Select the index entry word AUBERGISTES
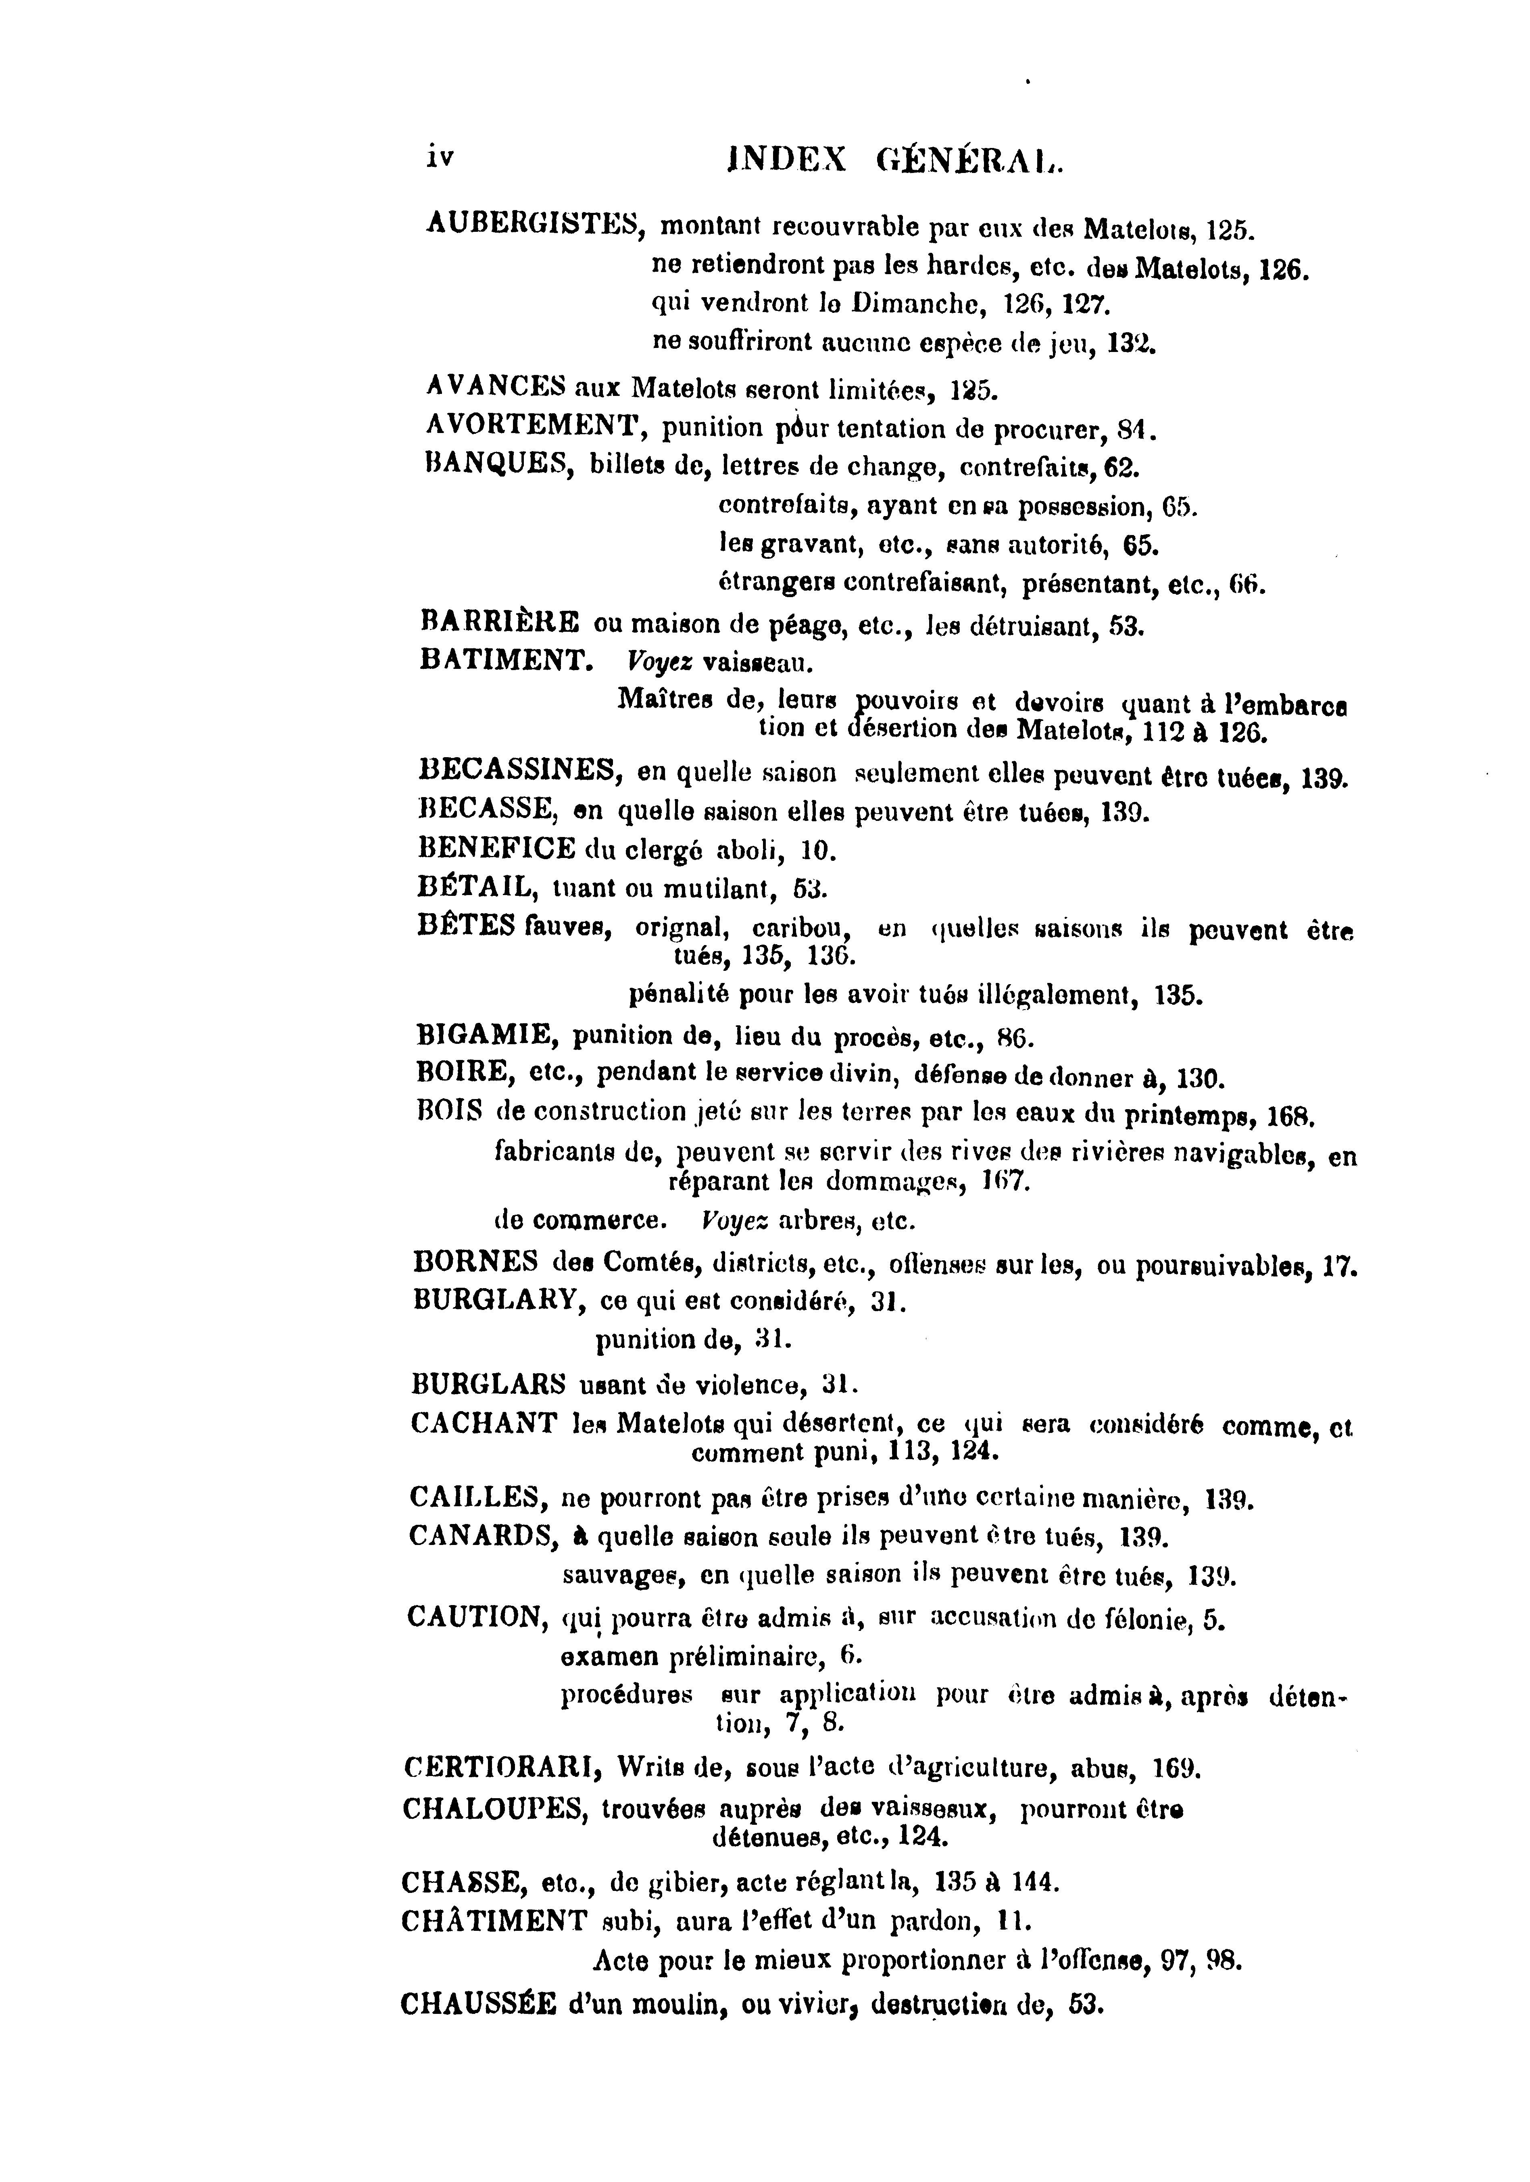coord(536,224)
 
